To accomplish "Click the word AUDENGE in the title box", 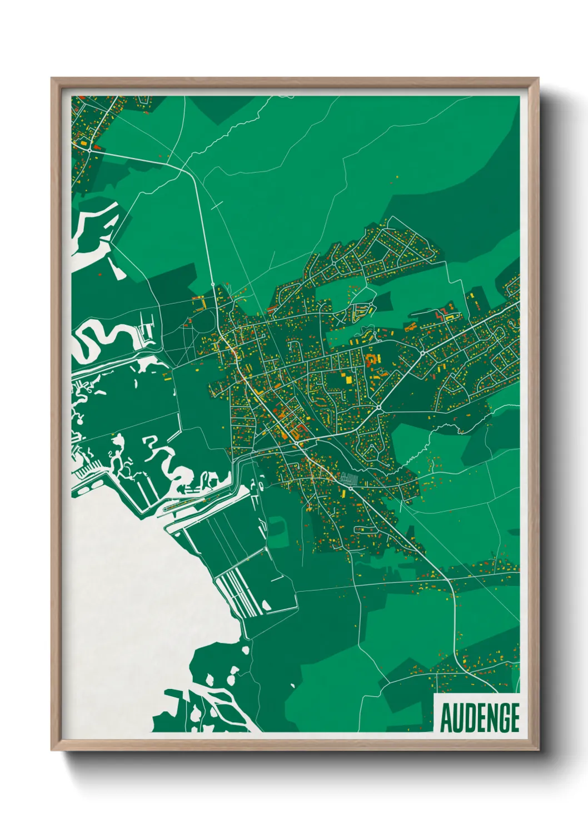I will click(480, 718).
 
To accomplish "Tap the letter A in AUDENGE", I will click(446, 718).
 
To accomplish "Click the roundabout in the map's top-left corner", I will click(89, 149).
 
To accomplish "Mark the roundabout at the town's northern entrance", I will click(213, 285).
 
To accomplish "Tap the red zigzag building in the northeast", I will click(442, 314).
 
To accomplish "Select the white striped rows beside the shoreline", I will click(242, 592).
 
